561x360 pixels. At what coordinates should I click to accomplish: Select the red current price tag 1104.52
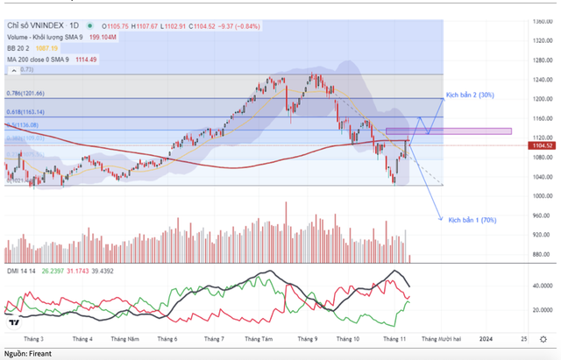(x=544, y=146)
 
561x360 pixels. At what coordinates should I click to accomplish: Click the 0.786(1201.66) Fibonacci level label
(x=25, y=93)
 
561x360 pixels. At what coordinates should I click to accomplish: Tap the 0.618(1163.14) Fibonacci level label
(x=25, y=113)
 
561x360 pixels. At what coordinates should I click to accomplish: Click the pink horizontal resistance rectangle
(x=447, y=131)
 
